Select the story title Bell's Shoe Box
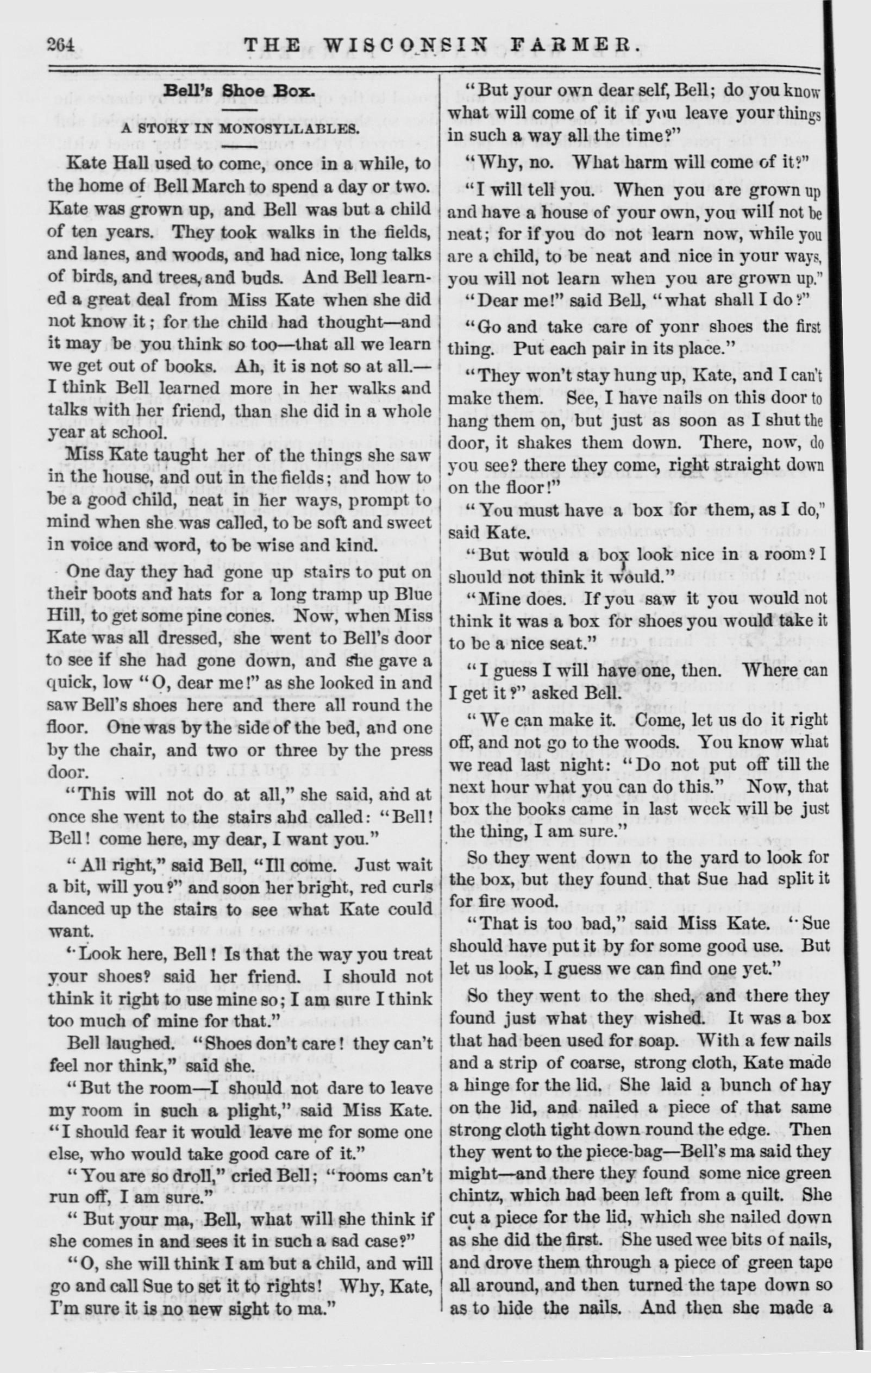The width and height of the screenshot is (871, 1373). point(239,91)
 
